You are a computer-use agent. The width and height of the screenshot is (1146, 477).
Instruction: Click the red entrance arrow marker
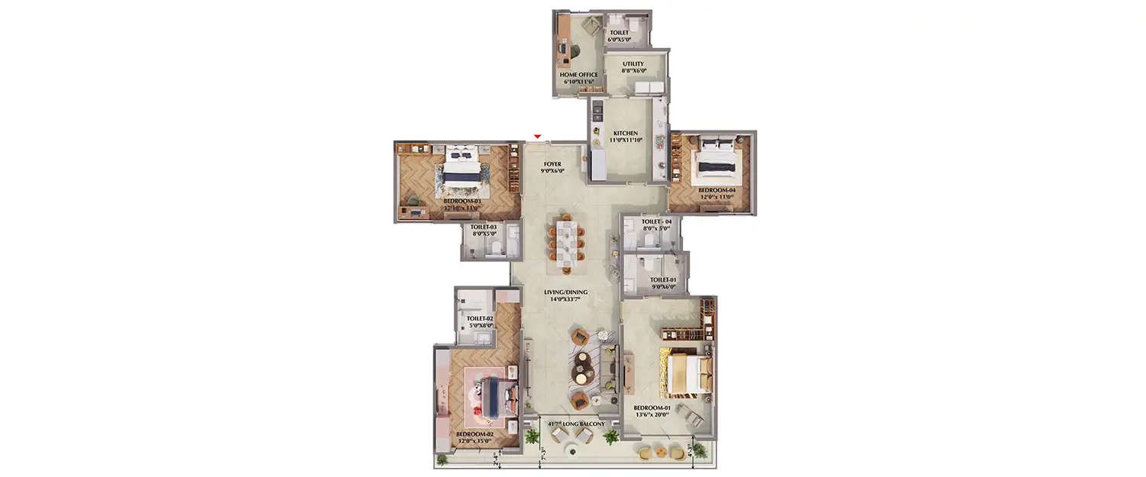point(538,137)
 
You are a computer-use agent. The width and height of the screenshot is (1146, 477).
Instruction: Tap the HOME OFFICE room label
point(578,75)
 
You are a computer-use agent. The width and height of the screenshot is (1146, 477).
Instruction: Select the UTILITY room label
point(633,64)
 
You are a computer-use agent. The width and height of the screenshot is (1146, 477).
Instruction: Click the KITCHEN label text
point(625,134)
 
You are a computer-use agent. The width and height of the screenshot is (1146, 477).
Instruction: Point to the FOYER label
point(552,164)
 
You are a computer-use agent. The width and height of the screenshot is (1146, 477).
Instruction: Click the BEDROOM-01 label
point(652,408)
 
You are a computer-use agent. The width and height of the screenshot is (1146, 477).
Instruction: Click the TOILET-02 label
point(481,318)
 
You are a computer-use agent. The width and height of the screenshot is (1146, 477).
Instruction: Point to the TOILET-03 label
point(484,227)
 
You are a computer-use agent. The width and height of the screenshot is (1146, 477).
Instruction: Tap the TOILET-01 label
point(663,280)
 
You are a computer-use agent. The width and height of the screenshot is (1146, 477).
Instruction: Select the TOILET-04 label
point(656,221)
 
